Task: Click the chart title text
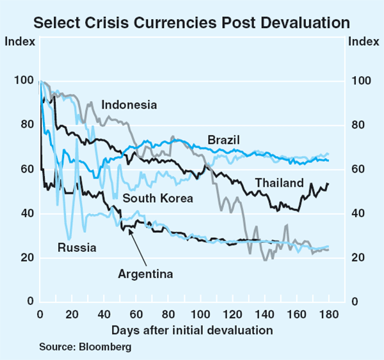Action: pos(192,23)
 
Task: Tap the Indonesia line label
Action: pos(129,105)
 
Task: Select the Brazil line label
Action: pos(223,140)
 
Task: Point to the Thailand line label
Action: pos(279,184)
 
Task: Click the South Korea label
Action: pos(157,198)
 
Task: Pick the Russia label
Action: pos(77,247)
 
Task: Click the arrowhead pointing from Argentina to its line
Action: pos(131,231)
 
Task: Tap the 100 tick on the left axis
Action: pos(21,81)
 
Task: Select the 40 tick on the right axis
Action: pos(358,214)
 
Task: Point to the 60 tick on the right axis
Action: pos(358,169)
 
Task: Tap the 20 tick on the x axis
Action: pos(72,314)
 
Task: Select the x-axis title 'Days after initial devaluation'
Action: pos(192,331)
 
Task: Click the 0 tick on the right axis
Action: pos(353,301)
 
